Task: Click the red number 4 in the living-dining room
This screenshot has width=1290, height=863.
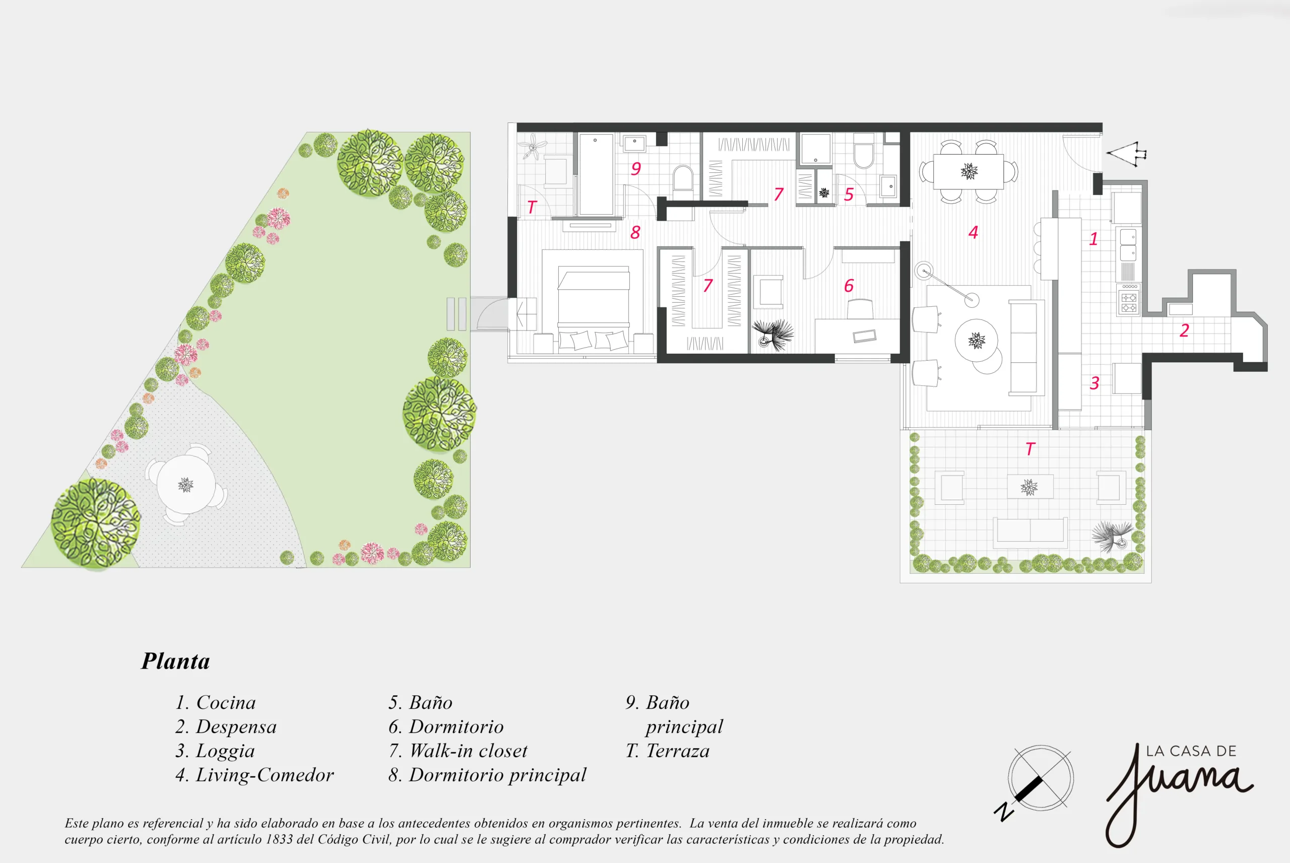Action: pos(973,232)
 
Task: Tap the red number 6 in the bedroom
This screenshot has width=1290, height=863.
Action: pos(849,286)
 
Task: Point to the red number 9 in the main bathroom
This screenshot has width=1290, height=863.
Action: pos(635,168)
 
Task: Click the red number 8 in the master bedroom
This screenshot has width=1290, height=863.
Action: pos(635,232)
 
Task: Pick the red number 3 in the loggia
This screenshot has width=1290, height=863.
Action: pos(1094,383)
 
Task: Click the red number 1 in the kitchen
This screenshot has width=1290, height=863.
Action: pos(1093,239)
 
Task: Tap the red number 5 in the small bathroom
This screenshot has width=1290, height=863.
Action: pos(849,194)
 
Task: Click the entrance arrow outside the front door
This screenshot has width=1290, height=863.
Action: pos(1126,154)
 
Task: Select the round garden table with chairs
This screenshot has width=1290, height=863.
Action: pos(186,485)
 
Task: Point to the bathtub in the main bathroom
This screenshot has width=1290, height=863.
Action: pos(596,174)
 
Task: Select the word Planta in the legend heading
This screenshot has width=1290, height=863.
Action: pos(175,661)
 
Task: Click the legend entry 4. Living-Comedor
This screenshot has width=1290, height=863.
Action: pos(254,775)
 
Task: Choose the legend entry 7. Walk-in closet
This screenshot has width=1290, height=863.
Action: pos(458,751)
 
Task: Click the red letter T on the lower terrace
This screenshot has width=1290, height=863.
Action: pos(1030,449)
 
